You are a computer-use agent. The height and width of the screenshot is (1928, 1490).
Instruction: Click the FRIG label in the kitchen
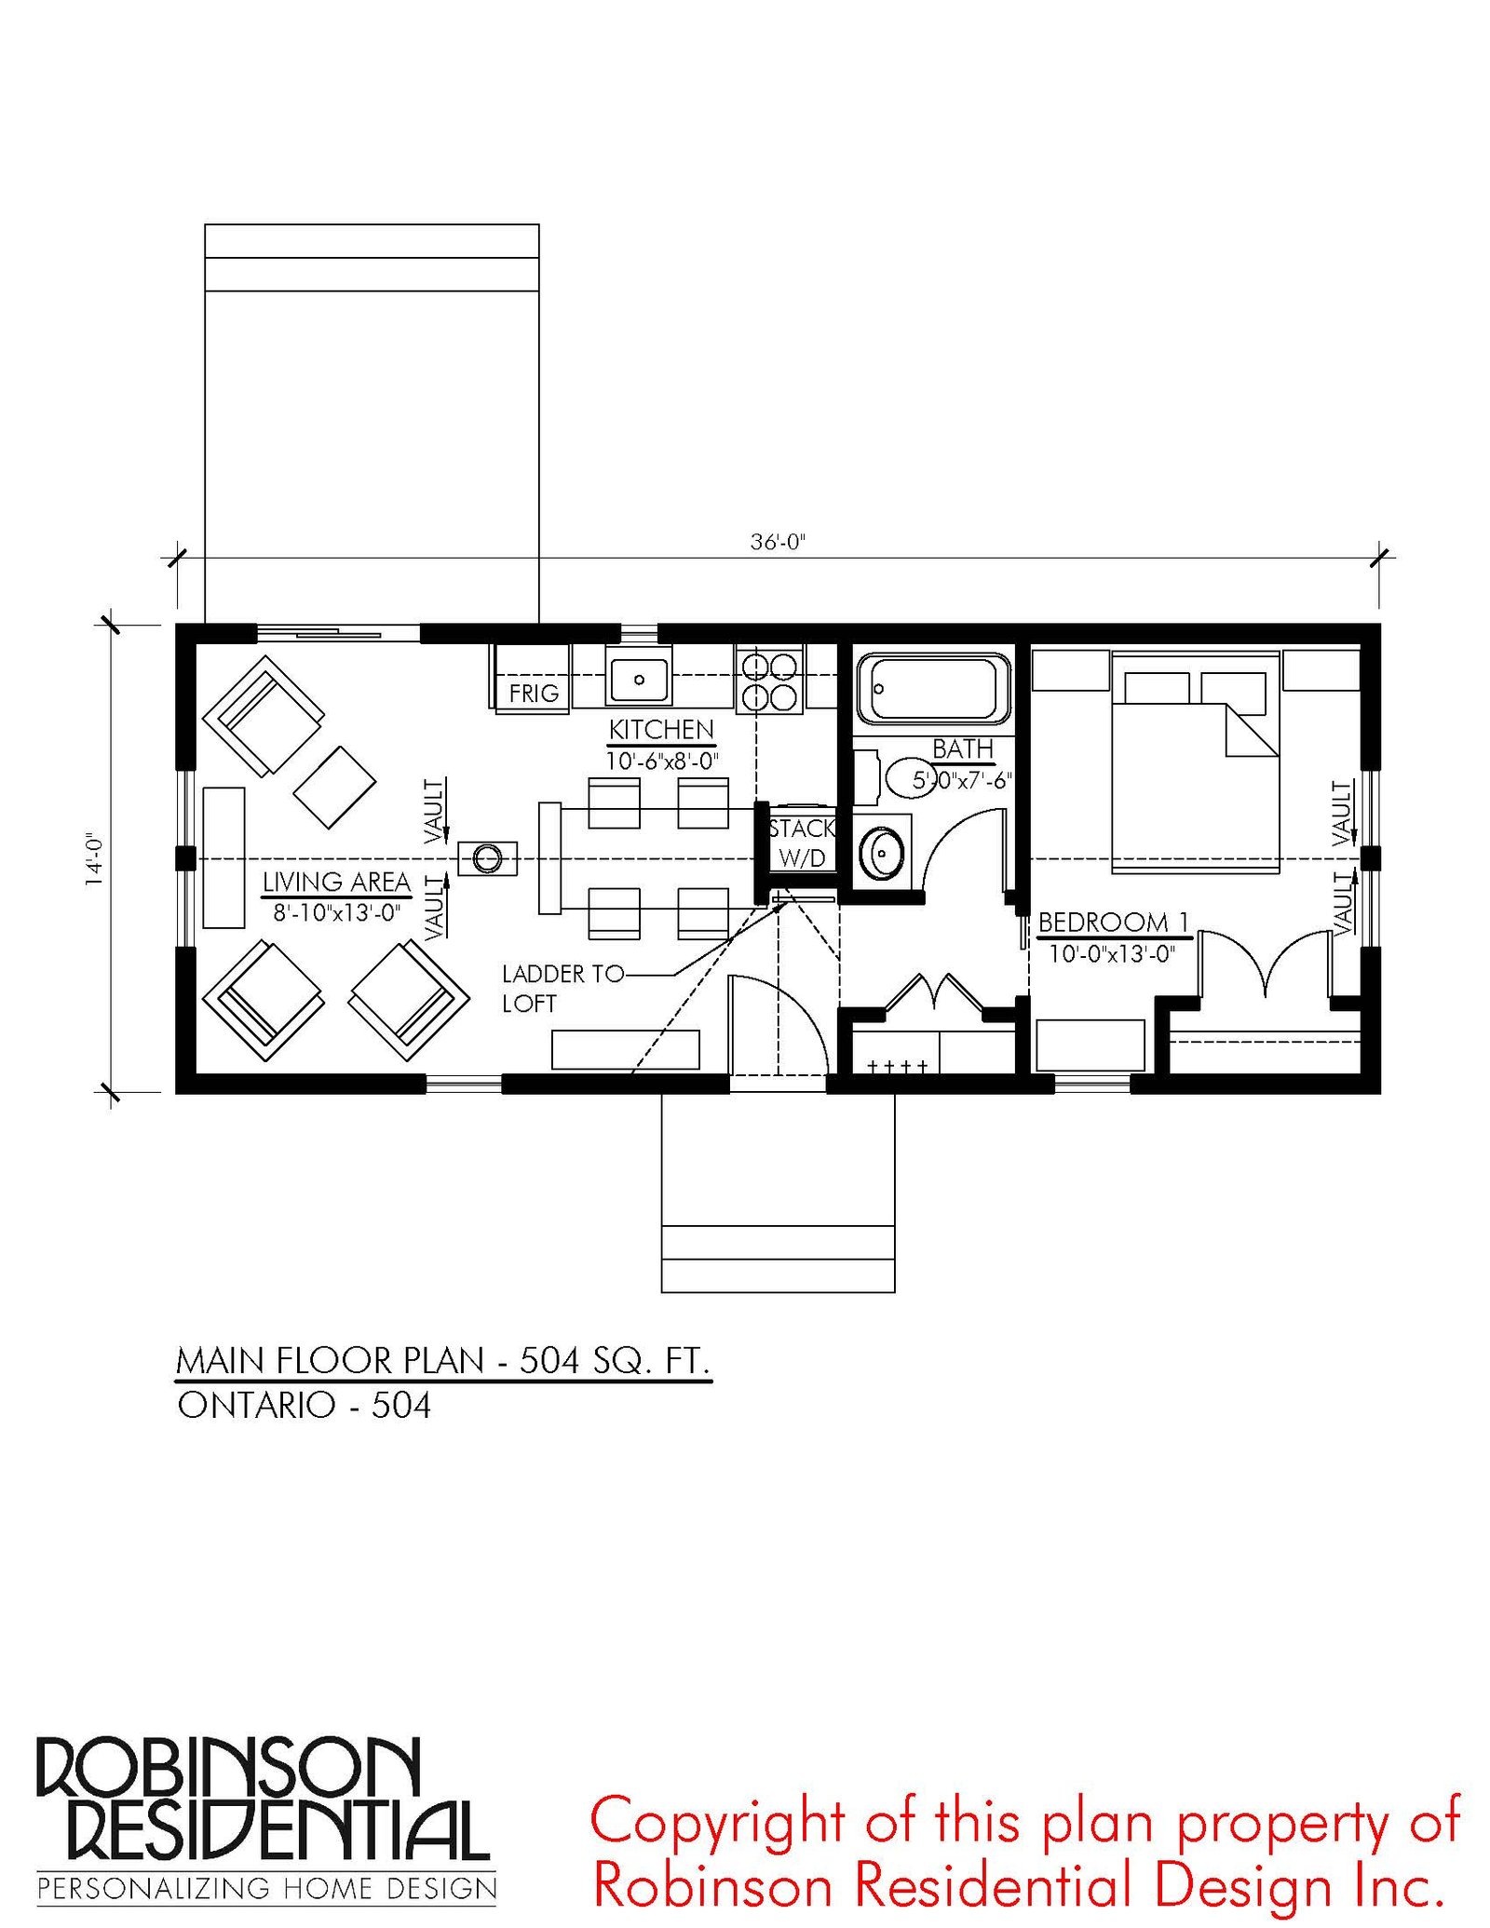pyautogui.click(x=534, y=693)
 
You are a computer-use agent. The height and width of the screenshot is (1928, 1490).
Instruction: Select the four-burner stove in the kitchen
pyautogui.click(x=769, y=680)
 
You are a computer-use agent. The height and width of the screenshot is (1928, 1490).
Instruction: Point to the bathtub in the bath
pyautogui.click(x=933, y=689)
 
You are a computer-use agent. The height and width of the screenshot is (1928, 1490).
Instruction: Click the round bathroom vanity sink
pyautogui.click(x=881, y=852)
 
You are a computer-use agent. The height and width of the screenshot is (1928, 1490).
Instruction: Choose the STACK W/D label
pyautogui.click(x=802, y=843)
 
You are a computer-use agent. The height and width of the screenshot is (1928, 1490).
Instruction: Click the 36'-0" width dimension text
pyautogui.click(x=778, y=542)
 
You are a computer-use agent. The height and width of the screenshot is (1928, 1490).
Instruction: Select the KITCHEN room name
pyautogui.click(x=661, y=729)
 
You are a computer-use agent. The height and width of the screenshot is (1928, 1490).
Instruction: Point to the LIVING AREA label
pyautogui.click(x=336, y=881)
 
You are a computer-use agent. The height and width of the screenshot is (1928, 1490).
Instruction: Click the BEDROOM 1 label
pyautogui.click(x=1114, y=922)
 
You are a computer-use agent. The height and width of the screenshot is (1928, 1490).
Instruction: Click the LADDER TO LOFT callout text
pyautogui.click(x=562, y=988)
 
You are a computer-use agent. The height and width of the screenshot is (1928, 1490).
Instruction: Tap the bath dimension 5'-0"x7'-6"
pyautogui.click(x=962, y=779)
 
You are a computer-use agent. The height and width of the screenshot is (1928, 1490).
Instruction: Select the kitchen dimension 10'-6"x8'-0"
pyautogui.click(x=662, y=761)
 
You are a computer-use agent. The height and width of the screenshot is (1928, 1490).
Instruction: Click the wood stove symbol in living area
pyautogui.click(x=487, y=857)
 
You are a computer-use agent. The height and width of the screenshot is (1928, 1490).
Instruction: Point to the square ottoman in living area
pyautogui.click(x=334, y=787)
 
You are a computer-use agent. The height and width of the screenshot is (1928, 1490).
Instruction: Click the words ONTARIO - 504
pyautogui.click(x=305, y=1406)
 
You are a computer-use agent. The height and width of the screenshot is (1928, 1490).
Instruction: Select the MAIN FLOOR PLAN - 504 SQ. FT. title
pyautogui.click(x=443, y=1361)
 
